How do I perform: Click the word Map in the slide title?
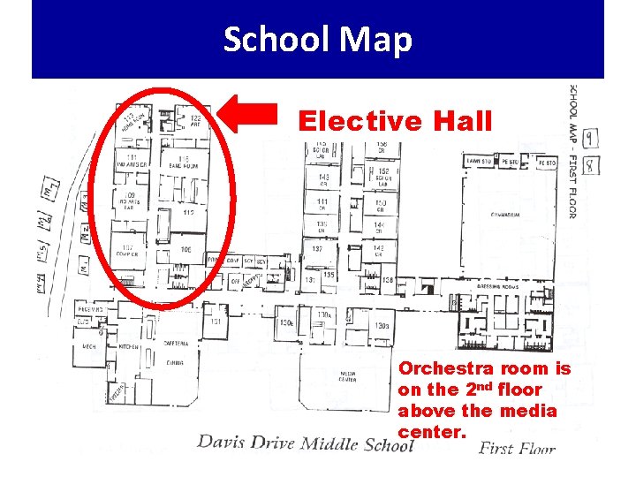(x=377, y=40)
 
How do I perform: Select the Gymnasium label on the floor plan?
(x=505, y=215)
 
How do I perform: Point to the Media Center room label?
(x=348, y=376)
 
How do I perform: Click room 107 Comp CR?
(x=129, y=251)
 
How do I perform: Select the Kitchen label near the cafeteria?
(x=129, y=347)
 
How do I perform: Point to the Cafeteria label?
(x=176, y=343)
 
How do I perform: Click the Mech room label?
(x=89, y=347)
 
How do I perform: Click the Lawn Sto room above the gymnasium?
(x=480, y=163)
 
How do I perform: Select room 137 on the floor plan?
(x=316, y=249)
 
